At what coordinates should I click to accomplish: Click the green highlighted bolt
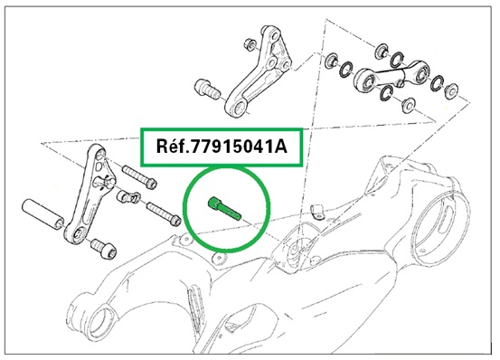click(x=224, y=208)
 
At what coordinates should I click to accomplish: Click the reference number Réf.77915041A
click(x=222, y=147)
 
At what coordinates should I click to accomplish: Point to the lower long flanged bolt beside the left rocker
click(x=164, y=213)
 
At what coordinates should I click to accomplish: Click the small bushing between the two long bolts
click(x=128, y=197)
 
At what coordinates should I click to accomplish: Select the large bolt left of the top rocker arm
click(x=207, y=89)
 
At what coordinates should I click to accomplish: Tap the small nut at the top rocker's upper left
click(x=249, y=43)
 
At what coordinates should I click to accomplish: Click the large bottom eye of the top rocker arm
click(x=237, y=109)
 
